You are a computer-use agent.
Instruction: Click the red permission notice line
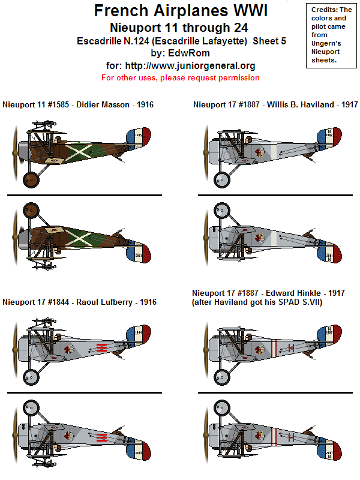180,78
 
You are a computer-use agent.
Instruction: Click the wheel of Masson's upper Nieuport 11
31,179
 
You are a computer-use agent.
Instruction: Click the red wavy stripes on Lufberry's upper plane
101,347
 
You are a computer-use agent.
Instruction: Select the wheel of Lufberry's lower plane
31,409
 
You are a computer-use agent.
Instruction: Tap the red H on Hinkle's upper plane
292,347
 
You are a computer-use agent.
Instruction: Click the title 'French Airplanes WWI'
181,11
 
